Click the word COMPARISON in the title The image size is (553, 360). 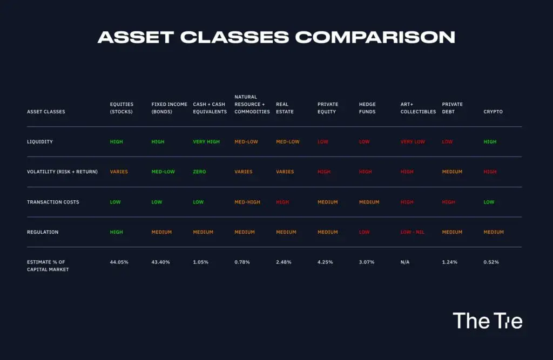[x=375, y=37]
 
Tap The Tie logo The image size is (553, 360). [x=488, y=321]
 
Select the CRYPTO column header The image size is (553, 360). [x=493, y=112]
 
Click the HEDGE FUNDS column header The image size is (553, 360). [x=367, y=108]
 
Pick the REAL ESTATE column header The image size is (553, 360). [x=285, y=108]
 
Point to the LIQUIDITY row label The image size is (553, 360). [x=40, y=142]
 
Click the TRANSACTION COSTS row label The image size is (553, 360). [x=53, y=202]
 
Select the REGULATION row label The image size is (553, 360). [x=43, y=232]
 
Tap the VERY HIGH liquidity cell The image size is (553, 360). [x=206, y=142]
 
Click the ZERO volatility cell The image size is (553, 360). [x=199, y=172]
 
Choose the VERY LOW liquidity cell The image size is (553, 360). [x=413, y=142]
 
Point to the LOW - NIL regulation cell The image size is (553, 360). [x=412, y=232]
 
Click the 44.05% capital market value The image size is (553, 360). [x=119, y=262]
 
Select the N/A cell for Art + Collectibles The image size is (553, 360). [x=405, y=262]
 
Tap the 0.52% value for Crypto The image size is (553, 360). [x=491, y=262]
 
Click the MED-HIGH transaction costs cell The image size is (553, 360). [x=247, y=202]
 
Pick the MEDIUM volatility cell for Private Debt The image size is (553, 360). [x=452, y=172]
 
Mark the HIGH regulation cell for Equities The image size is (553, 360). [x=117, y=232]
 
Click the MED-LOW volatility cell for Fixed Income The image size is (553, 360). [x=163, y=172]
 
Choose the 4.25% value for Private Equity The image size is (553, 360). [x=325, y=262]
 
